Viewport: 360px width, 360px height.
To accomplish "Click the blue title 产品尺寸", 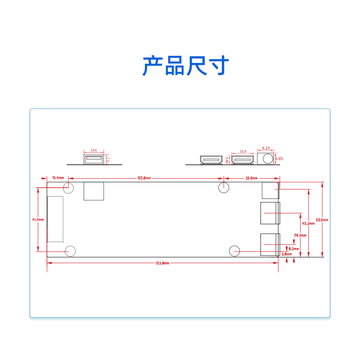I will coord(185,66).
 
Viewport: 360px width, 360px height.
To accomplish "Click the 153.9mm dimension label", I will coord(162,263).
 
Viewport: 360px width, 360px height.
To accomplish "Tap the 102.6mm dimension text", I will coord(144,178).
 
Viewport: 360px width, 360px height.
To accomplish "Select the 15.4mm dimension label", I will coord(58,178).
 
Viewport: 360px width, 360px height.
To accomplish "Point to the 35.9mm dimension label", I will coord(252,178).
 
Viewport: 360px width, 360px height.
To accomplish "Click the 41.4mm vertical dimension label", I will coord(38,220).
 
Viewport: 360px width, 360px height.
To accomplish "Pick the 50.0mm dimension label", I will coord(322,220).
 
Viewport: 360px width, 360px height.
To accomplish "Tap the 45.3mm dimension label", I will coord(308,223).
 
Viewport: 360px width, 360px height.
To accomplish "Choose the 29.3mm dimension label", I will coord(300,235).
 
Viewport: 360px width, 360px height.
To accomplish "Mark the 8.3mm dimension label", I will coord(293,248).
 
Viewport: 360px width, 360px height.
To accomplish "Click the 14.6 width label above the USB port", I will coord(94,150).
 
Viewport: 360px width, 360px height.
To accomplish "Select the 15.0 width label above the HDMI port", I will coord(243,152).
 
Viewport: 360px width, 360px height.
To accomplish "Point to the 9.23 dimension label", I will coord(266,148).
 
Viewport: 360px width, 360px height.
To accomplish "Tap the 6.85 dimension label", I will coord(279,159).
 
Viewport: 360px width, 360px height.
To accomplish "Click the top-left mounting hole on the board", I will coord(68,188).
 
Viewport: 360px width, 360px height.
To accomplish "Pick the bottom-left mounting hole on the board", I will coord(70,251).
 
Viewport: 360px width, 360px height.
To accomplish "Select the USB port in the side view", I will coord(94,159).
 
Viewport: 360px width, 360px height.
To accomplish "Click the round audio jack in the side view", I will coord(268,158).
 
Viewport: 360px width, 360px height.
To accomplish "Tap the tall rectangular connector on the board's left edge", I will coord(55,219).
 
